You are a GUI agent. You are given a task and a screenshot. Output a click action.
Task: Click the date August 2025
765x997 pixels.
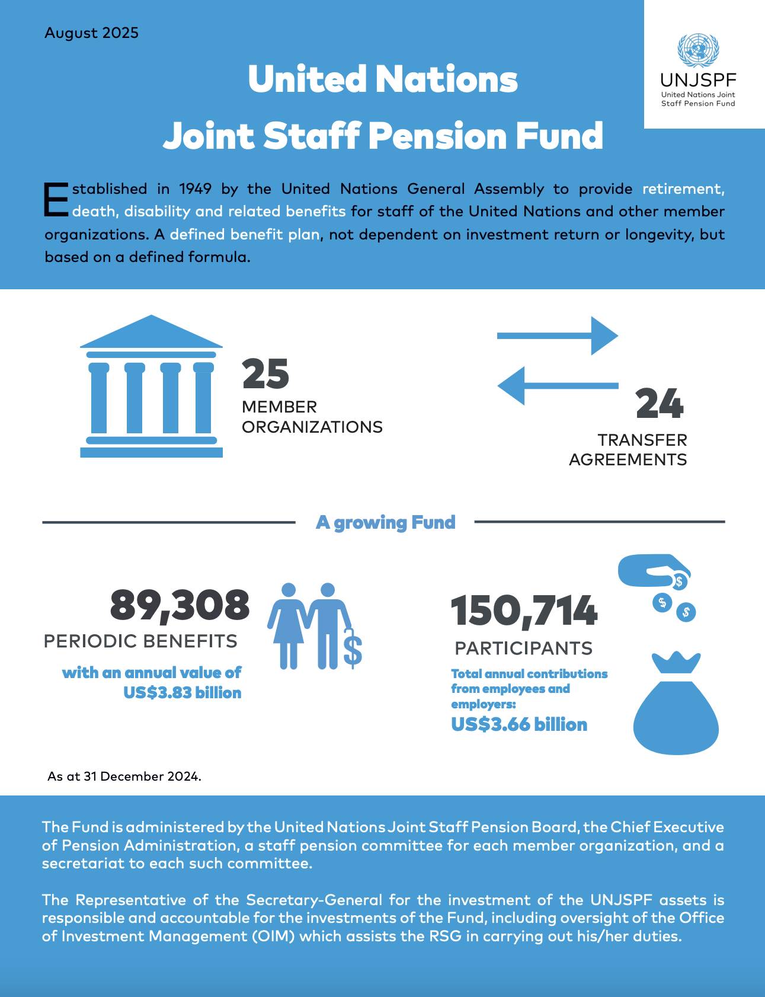pos(91,33)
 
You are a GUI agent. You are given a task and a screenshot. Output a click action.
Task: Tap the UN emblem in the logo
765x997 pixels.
pos(698,50)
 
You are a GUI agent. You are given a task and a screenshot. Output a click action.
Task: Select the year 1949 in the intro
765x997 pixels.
pos(196,189)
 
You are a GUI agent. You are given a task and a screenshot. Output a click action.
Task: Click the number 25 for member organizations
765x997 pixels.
pos(265,374)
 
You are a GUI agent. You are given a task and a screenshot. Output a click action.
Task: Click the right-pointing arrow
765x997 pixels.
pos(557,335)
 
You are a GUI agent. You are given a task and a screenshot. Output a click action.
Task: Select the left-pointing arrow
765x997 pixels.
pos(557,386)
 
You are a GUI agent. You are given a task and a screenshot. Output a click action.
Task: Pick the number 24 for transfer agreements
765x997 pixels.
pos(660,404)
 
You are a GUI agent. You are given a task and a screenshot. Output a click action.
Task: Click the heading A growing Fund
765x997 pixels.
pos(386,522)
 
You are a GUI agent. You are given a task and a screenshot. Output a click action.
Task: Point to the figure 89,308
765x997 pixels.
pos(180,605)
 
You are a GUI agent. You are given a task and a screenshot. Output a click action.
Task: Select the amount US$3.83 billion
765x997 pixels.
pos(183,693)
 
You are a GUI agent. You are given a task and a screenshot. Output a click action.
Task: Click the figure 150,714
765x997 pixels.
pos(524,611)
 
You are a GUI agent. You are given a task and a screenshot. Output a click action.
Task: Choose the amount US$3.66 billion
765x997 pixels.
pos(519,724)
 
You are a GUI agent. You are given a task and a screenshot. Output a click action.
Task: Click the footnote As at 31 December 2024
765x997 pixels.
pos(124,776)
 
